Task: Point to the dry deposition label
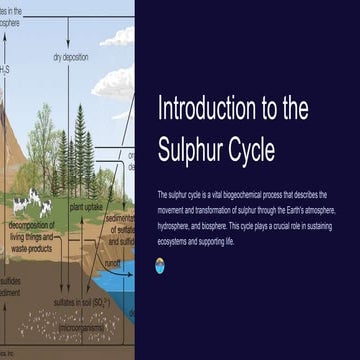(x=71, y=57)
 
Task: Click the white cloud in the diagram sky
(x=119, y=38)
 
